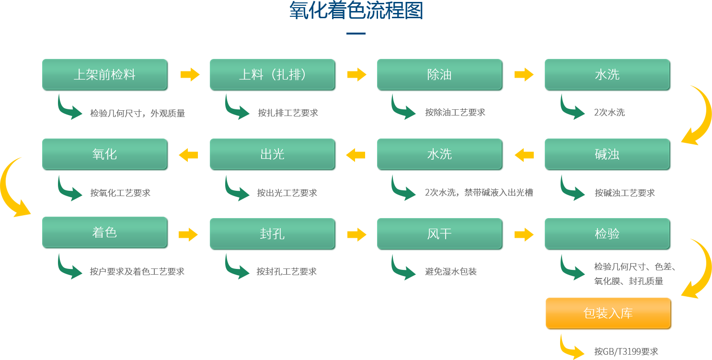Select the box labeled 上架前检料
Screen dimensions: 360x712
(x=105, y=75)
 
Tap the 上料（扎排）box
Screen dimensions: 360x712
(x=273, y=75)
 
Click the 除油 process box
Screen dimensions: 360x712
(x=440, y=75)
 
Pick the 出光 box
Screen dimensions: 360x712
(x=273, y=154)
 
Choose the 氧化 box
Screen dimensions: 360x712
(x=105, y=154)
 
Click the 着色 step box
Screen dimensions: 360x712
(x=105, y=233)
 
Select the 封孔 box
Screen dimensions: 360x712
(x=273, y=234)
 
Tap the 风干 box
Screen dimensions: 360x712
(x=440, y=234)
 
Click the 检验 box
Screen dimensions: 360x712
(x=608, y=234)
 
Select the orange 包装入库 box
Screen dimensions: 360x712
(x=609, y=314)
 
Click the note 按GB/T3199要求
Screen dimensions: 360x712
(x=626, y=351)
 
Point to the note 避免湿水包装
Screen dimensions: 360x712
(x=450, y=272)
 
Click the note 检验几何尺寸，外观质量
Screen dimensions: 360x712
(x=137, y=114)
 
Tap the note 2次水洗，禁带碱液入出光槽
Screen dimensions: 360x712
(x=479, y=193)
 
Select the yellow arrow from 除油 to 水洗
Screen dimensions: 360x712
(x=524, y=75)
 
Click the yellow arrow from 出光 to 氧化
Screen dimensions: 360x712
(x=189, y=155)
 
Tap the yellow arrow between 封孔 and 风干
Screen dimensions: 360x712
(x=356, y=234)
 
